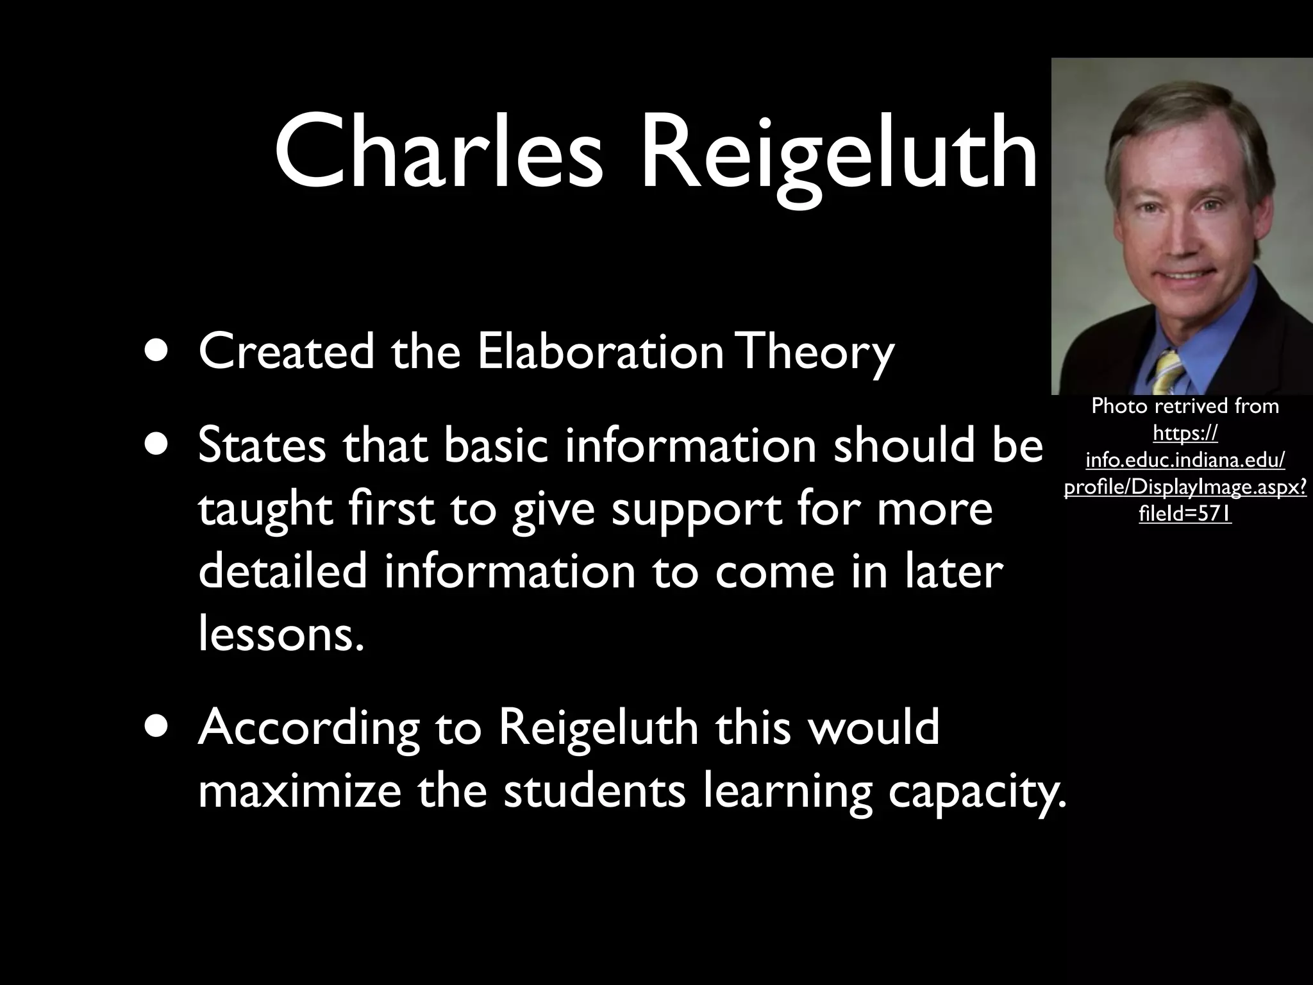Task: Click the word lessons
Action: pos(280,633)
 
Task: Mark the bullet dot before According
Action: pos(156,727)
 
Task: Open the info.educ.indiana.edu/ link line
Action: pos(1185,460)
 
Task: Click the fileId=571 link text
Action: pos(1185,514)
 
